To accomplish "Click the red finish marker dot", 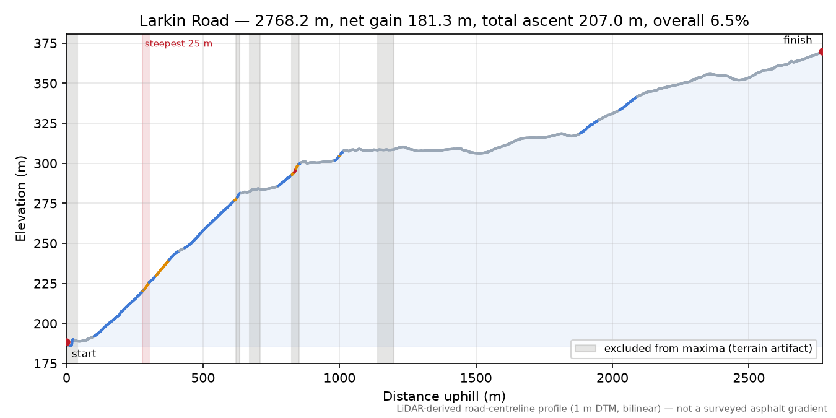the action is pyautogui.click(x=821, y=51).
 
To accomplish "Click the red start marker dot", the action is pyautogui.click(x=67, y=342).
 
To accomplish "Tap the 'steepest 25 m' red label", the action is pyautogui.click(x=178, y=44).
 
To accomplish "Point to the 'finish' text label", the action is pyautogui.click(x=798, y=40).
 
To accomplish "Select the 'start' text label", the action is pyautogui.click(x=84, y=354).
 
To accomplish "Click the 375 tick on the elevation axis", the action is pyautogui.click(x=46, y=44).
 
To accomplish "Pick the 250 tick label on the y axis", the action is pyautogui.click(x=46, y=243).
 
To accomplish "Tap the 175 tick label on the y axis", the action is pyautogui.click(x=46, y=364).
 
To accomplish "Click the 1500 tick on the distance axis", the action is pyautogui.click(x=476, y=378).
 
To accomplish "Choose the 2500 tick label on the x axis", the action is pyautogui.click(x=749, y=378).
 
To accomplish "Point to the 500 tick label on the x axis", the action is pyautogui.click(x=203, y=378).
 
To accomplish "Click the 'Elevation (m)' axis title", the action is pyautogui.click(x=20, y=199).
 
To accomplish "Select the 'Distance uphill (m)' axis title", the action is pyautogui.click(x=444, y=396).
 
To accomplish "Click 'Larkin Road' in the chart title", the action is pyautogui.click(x=184, y=21).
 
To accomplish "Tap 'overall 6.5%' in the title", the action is pyautogui.click(x=700, y=21).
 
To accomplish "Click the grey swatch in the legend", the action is pyautogui.click(x=585, y=349).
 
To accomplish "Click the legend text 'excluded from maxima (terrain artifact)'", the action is pyautogui.click(x=708, y=349).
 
